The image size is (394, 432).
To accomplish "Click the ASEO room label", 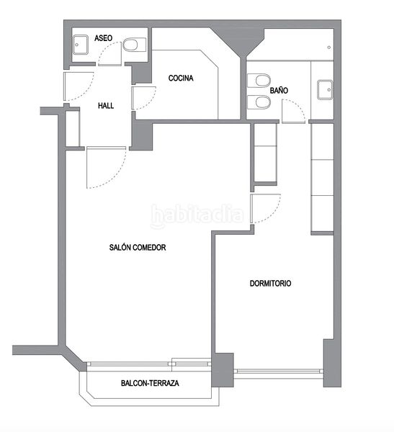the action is [104, 38].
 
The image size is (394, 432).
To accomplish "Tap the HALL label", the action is [106, 106].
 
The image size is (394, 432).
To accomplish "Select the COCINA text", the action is [181, 78].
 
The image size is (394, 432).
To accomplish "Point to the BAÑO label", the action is [279, 90].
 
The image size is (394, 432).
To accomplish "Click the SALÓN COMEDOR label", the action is [138, 247].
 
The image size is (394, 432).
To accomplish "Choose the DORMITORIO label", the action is [270, 283].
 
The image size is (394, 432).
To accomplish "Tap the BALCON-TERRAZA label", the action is [150, 383].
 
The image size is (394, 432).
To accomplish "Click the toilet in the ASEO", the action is [134, 45].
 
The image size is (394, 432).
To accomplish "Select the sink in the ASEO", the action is [80, 45].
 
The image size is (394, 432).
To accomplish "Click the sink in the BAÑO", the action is [325, 89].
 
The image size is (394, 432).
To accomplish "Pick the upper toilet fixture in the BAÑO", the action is [259, 81].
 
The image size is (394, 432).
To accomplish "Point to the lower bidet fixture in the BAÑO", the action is [259, 102].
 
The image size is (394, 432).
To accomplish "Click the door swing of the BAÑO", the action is [293, 112].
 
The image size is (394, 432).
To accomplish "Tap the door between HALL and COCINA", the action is [144, 98].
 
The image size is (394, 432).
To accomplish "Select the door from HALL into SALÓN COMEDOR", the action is [107, 168].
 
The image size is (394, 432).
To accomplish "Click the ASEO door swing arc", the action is [109, 54].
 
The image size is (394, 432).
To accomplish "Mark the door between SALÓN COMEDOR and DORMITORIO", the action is [266, 209].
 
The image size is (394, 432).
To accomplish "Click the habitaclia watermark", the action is [197, 215].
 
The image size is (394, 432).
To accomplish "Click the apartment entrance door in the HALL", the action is [79, 86].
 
